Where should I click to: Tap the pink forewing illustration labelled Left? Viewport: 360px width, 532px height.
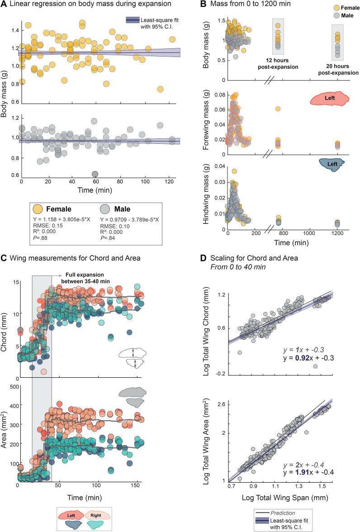pyautogui.click(x=329, y=100)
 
